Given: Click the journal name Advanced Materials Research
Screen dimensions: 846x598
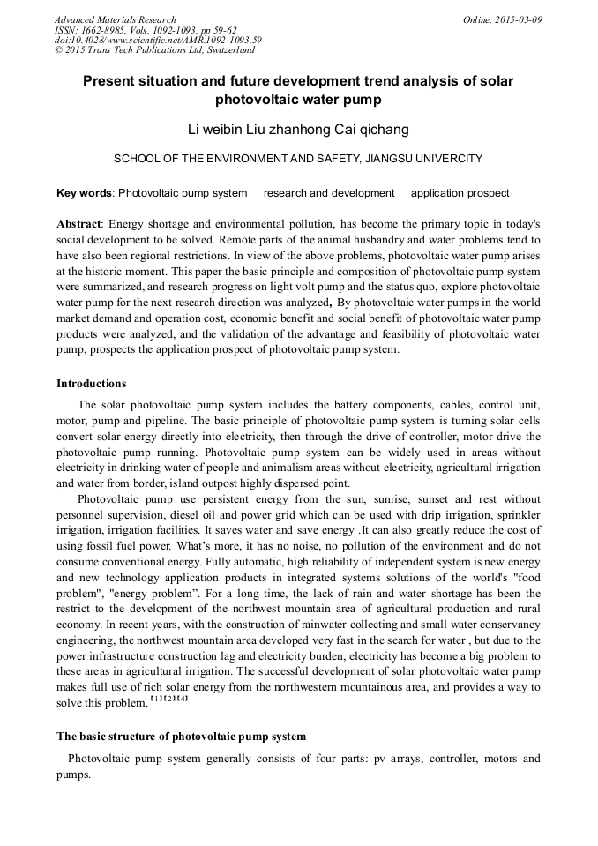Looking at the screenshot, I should tap(115, 19).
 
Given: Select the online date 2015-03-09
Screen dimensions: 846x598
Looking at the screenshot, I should tap(517, 19).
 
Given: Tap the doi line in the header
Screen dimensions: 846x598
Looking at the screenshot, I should tap(158, 40).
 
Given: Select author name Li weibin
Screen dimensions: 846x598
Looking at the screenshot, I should tap(216, 130).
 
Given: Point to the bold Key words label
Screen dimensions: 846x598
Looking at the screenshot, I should tap(84, 193).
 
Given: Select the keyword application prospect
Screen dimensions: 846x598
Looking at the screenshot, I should tap(460, 193).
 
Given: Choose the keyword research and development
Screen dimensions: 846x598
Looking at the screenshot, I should tap(328, 193).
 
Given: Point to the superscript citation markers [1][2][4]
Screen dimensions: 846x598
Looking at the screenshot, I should tap(169, 700).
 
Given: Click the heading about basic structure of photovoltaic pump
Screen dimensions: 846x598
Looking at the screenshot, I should tap(181, 736).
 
